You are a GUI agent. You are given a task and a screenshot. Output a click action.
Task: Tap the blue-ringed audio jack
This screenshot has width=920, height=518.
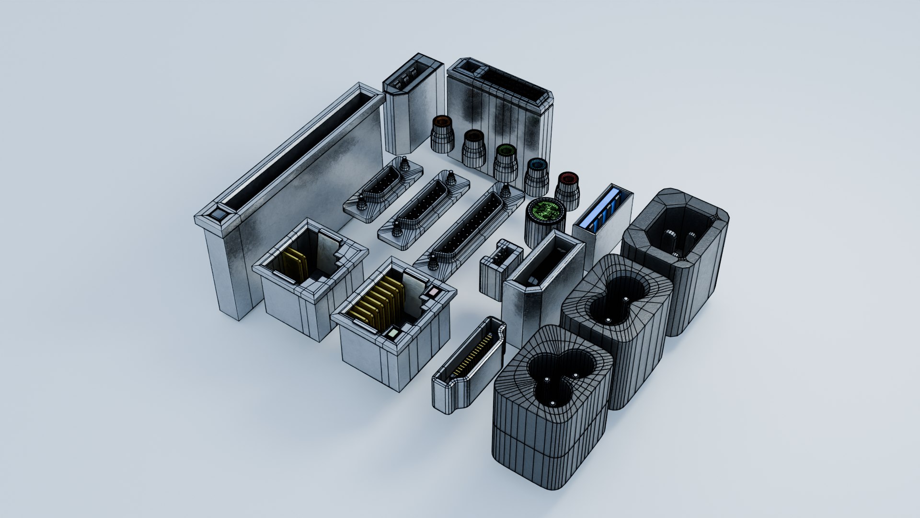(x=537, y=175)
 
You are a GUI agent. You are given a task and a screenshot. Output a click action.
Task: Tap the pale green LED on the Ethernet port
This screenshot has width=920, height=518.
(x=393, y=332)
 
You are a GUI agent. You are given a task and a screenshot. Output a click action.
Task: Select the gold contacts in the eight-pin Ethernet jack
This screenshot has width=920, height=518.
(x=379, y=307)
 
